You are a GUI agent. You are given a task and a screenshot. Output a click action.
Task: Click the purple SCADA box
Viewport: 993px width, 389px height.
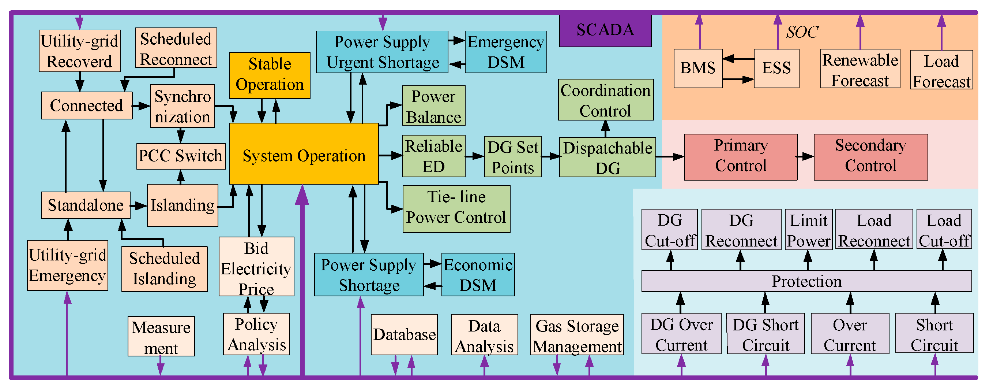pyautogui.click(x=605, y=30)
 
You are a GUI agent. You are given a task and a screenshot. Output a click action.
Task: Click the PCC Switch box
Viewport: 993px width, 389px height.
pyautogui.click(x=181, y=156)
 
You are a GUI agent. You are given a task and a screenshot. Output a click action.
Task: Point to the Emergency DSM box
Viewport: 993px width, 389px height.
pyautogui.click(x=505, y=52)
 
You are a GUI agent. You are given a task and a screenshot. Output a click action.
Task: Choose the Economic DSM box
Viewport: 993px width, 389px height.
pyautogui.click(x=478, y=274)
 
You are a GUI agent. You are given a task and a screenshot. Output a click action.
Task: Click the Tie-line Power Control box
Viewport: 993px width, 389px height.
pyautogui.click(x=456, y=209)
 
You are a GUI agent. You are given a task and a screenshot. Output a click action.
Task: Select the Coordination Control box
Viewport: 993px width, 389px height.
pyautogui.click(x=605, y=100)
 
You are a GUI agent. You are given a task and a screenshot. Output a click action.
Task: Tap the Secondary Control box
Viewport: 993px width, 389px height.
pyautogui.click(x=870, y=157)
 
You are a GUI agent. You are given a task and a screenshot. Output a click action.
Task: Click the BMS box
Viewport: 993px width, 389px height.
pyautogui.click(x=697, y=68)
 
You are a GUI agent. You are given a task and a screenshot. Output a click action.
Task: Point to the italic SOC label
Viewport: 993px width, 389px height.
pyautogui.click(x=802, y=32)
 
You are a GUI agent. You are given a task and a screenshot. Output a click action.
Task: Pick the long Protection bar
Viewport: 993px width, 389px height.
pyautogui.click(x=806, y=281)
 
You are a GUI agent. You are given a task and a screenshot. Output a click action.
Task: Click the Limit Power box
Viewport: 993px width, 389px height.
pyautogui.click(x=808, y=230)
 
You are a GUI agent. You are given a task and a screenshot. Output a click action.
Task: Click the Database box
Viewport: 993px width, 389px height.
pyautogui.click(x=404, y=334)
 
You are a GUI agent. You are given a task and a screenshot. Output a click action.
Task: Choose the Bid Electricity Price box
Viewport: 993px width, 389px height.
pyautogui.click(x=256, y=267)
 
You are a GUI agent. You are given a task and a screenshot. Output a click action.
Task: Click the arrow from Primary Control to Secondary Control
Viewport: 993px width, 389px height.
pyautogui.click(x=805, y=156)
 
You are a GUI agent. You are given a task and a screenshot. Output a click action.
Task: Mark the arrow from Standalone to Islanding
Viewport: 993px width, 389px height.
pyautogui.click(x=138, y=206)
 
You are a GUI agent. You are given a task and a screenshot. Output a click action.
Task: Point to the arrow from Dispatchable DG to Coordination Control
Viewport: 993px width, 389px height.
pyautogui.click(x=605, y=129)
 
